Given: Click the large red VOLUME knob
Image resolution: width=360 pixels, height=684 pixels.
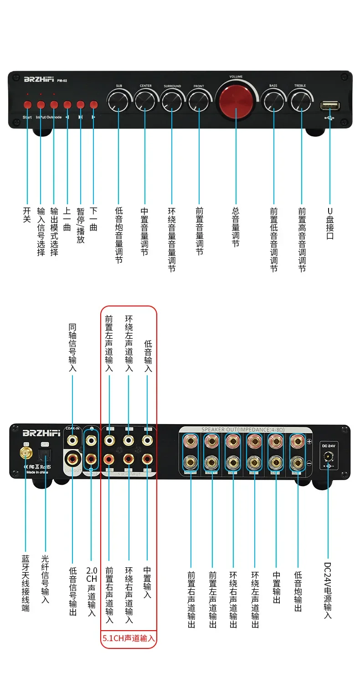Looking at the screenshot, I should [236, 101].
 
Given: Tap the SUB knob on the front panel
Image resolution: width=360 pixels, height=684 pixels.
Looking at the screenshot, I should [119, 101].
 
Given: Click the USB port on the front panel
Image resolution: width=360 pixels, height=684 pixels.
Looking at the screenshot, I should [330, 106].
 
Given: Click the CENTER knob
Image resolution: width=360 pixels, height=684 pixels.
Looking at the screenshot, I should [146, 101].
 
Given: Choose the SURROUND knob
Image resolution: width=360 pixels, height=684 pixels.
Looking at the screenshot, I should [172, 101].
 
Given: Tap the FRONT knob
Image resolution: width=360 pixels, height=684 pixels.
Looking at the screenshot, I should [199, 101].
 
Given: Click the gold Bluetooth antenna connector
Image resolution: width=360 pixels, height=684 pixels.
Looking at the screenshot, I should [26, 453].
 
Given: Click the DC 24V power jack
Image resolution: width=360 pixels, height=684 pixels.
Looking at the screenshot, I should [327, 456].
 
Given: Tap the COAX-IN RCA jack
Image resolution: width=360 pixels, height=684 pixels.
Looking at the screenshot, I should [72, 440].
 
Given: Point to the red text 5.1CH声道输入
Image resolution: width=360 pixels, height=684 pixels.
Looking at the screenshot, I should [128, 639].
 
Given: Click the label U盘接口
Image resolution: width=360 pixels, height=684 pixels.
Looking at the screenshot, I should [330, 223].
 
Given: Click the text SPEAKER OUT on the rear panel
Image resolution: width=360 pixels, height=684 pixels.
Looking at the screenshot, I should [221, 430].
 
